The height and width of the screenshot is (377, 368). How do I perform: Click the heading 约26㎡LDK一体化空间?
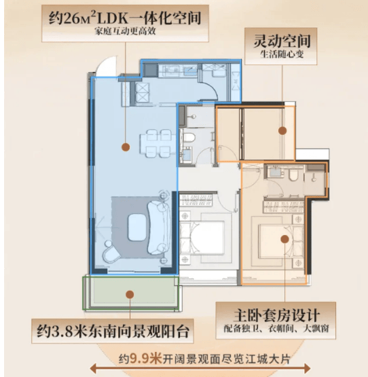[x=125, y=18]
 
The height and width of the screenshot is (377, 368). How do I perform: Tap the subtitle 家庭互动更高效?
[x=125, y=31]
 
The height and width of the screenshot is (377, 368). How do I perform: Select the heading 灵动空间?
[x=282, y=41]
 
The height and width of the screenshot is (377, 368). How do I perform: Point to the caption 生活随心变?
[x=282, y=54]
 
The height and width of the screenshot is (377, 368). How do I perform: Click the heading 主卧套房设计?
[x=276, y=315]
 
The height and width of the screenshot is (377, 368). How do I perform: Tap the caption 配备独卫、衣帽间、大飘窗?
[x=276, y=329]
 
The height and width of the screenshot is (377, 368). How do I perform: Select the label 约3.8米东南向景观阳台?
[x=113, y=331]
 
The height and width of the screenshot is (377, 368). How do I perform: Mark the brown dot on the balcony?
[x=130, y=295]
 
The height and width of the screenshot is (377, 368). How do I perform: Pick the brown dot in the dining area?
[x=126, y=147]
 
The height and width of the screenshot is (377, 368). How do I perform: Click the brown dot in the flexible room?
[x=282, y=131]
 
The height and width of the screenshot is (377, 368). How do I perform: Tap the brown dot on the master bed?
[x=285, y=239]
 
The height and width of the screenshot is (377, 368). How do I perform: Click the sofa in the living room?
[x=157, y=228]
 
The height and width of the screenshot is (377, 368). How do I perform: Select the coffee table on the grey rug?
[x=137, y=228]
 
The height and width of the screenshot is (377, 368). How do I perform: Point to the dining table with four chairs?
[x=158, y=143]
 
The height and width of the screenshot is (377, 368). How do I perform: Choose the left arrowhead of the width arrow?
[x=92, y=369]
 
